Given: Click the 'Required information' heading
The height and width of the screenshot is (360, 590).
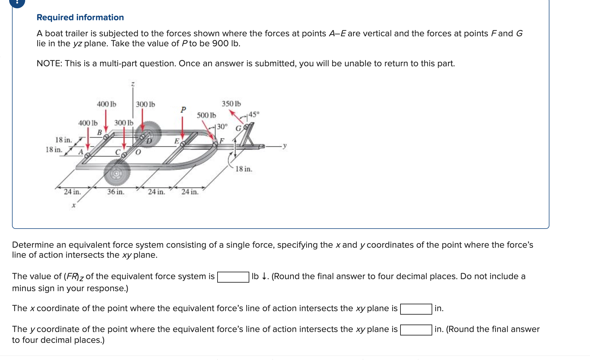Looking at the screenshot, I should coord(80,17).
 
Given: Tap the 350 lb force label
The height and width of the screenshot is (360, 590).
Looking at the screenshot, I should coord(231,104).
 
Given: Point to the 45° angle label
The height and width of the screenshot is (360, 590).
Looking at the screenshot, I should coord(254,115).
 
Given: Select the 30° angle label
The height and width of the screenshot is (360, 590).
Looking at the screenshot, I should coord(222,127).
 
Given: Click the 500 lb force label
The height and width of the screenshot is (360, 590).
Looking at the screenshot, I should coord(206,115).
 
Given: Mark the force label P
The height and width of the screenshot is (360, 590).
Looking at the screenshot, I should coord(183,109).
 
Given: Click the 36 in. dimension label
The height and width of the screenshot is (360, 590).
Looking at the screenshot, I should coord(115,192).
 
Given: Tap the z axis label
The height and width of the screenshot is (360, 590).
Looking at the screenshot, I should coord(133,84).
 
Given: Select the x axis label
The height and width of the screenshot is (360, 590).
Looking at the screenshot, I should coord(73,205).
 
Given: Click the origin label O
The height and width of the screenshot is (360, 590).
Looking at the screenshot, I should coord(138,152).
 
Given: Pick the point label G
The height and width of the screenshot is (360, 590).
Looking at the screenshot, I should coord(238,129).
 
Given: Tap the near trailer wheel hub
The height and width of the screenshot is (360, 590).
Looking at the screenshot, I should coord(116,173).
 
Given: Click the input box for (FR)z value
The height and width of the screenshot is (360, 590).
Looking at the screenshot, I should coord(233,277).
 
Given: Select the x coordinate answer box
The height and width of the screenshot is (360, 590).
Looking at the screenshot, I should coord(416,309).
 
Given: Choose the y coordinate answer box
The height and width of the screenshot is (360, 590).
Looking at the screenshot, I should coord(416,330).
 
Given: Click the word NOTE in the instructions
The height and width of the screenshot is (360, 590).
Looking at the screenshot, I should coord(49,63).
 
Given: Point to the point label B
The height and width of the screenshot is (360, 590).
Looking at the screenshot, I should coord(99,133).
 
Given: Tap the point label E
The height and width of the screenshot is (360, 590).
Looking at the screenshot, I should coord(177,141).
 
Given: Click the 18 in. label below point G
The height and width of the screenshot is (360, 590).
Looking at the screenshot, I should coord(244,169).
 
